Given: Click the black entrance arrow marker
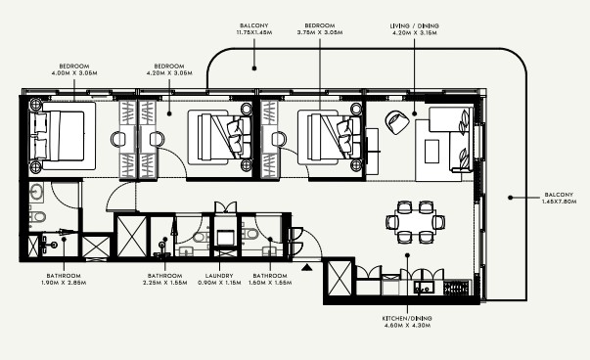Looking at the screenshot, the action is point(307,267).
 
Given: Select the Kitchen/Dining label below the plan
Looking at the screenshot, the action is point(407,322).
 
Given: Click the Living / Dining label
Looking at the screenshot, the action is point(414,29).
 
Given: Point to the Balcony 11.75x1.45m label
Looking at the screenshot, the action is point(254,29).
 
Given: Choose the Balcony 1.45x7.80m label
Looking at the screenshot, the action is point(559,199).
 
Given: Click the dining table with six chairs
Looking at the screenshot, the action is point(416,222).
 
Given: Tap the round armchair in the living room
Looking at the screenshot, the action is point(397,122).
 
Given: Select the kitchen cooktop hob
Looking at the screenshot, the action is point(456,288).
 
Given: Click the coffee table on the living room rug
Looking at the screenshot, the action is point(431,152).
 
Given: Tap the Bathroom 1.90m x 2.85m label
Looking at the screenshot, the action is point(64,279).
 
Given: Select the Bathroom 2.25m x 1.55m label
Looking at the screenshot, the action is point(164,279).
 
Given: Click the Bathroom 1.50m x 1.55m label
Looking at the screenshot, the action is point(270,279).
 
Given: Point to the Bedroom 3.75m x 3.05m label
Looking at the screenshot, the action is point(320,29).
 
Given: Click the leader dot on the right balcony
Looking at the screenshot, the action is point(510,198).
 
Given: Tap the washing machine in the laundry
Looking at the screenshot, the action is point(225,237).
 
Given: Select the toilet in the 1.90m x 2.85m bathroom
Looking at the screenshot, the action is point(37,217).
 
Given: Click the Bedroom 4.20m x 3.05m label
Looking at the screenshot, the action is point(169,69).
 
